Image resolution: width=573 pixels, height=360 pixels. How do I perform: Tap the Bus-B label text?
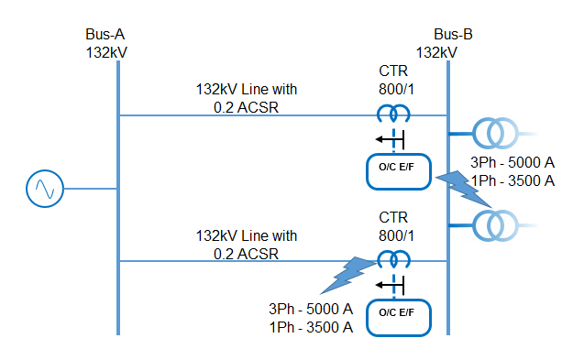point(453,35)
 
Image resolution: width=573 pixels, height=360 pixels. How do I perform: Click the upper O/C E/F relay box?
point(398,171)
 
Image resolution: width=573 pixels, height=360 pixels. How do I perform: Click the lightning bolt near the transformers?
point(465,187)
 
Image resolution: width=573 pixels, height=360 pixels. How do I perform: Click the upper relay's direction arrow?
point(384,139)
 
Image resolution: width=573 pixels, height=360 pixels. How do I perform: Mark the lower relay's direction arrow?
point(384,284)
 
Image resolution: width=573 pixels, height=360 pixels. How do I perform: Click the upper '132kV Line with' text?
point(247,90)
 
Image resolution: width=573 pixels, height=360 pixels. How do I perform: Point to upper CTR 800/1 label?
point(396,81)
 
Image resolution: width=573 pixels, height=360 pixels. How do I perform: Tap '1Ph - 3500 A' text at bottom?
point(311,327)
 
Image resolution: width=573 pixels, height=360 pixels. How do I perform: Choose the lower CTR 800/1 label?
point(396,227)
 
